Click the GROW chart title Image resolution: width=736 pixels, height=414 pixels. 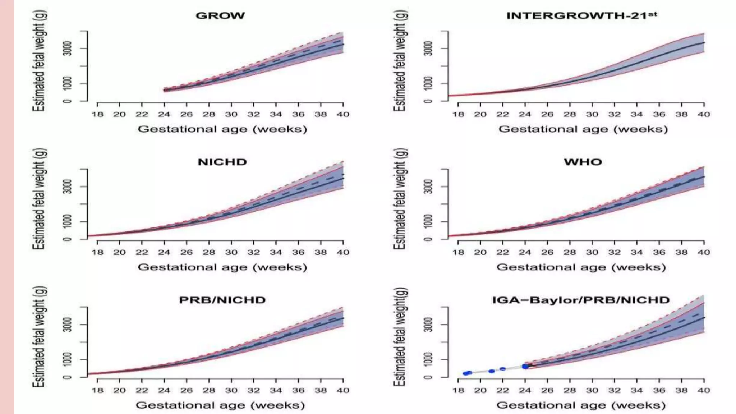220,16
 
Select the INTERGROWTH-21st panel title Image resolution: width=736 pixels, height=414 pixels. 581,16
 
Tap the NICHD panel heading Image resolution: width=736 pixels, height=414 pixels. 222,162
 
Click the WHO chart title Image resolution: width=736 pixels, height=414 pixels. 583,162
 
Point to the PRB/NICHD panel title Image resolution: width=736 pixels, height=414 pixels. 222,300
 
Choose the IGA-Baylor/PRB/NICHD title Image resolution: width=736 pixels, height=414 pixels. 581,300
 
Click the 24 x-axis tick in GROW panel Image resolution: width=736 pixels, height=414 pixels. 164,114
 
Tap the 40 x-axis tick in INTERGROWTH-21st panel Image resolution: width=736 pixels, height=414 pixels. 704,114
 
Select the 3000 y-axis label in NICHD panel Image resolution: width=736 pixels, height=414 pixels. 67,187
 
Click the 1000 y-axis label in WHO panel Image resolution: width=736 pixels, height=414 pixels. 428,221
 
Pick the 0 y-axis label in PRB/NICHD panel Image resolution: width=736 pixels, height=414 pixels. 67,377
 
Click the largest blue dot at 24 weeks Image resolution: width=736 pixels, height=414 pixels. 525,367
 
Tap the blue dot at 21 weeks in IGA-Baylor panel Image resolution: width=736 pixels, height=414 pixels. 492,371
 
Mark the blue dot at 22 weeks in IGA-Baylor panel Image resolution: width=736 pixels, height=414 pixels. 503,369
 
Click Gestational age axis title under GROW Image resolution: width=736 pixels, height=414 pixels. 222,129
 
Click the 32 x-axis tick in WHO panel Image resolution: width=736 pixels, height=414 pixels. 615,252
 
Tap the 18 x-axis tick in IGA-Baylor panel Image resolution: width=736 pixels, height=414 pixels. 458,391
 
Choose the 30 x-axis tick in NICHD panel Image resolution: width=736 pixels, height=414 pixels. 231,252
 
